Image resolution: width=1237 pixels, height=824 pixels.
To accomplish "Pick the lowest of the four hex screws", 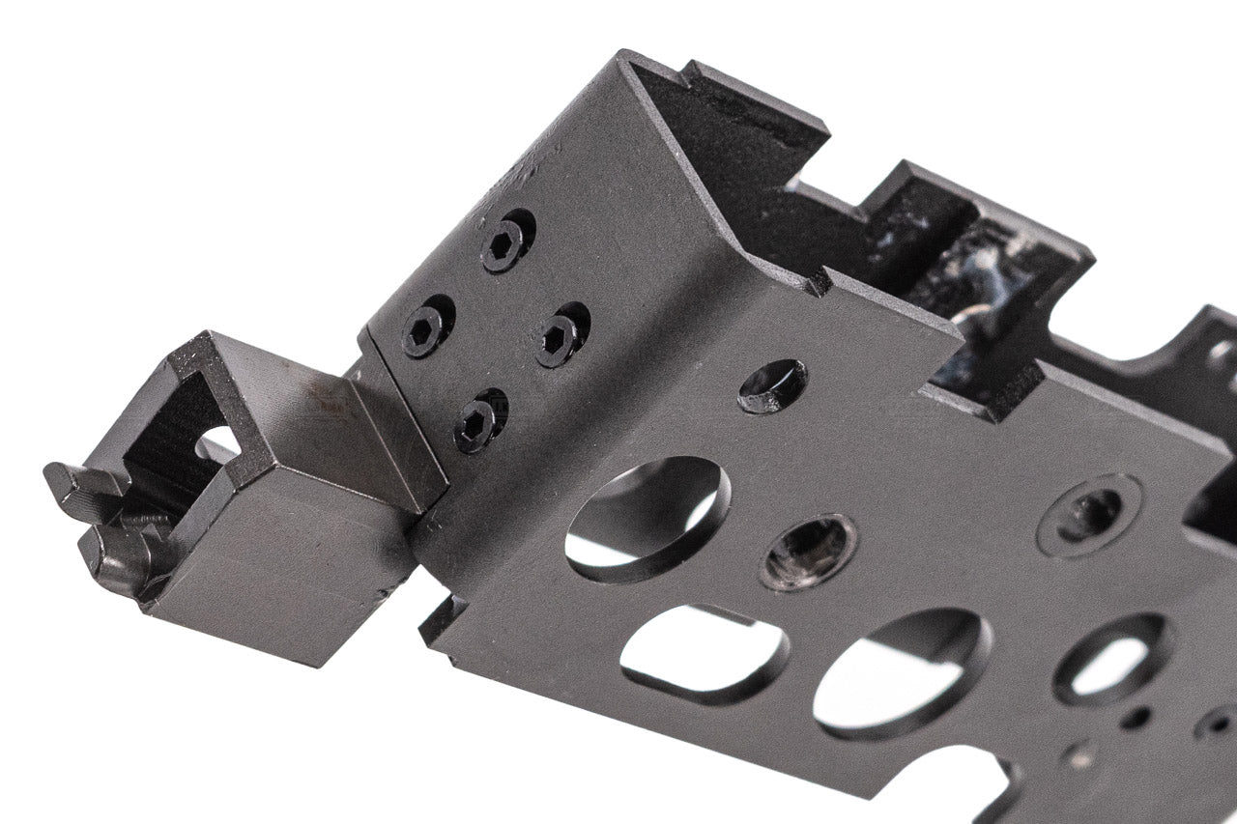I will (477, 422).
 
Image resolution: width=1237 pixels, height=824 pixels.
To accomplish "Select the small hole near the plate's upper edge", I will (772, 385).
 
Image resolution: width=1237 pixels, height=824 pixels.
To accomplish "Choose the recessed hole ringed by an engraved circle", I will (1088, 514).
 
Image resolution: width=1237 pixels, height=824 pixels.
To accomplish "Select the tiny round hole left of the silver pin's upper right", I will (1136, 717).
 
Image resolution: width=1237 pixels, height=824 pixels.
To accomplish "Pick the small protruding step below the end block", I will (440, 623).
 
